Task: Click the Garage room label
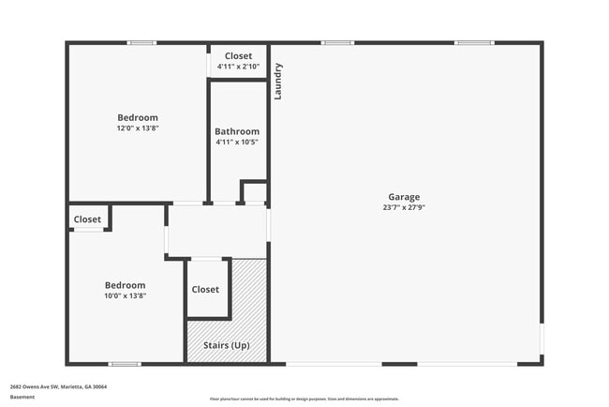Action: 405,197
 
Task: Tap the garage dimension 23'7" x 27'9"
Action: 405,207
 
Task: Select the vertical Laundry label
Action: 278,82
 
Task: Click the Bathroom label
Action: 237,131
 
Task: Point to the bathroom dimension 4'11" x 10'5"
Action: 237,142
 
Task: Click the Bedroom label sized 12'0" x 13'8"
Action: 138,117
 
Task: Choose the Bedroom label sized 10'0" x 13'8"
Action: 125,285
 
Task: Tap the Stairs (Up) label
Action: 227,346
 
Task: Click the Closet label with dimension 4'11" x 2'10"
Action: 238,56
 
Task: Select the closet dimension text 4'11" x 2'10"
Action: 238,67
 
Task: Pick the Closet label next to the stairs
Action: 205,290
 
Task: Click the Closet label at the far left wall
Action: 87,219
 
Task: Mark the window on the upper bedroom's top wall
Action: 141,42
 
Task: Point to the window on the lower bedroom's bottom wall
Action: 124,364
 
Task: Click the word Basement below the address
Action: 22,397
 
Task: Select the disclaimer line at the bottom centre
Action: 304,399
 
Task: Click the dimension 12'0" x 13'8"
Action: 138,128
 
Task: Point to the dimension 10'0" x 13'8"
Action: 125,295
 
